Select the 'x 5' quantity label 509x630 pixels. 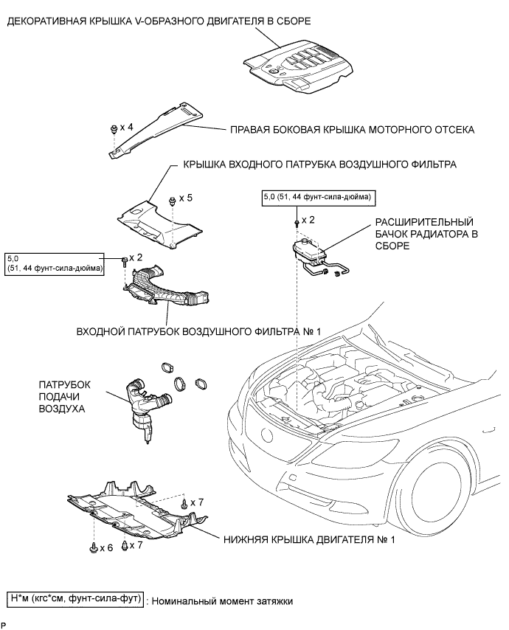(184, 198)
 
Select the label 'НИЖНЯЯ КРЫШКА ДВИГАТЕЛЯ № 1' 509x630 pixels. (309, 540)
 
